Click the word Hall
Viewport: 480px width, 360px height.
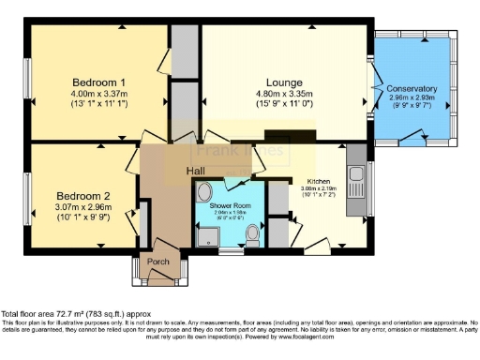point(195,171)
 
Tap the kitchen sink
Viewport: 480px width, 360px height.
point(356,174)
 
